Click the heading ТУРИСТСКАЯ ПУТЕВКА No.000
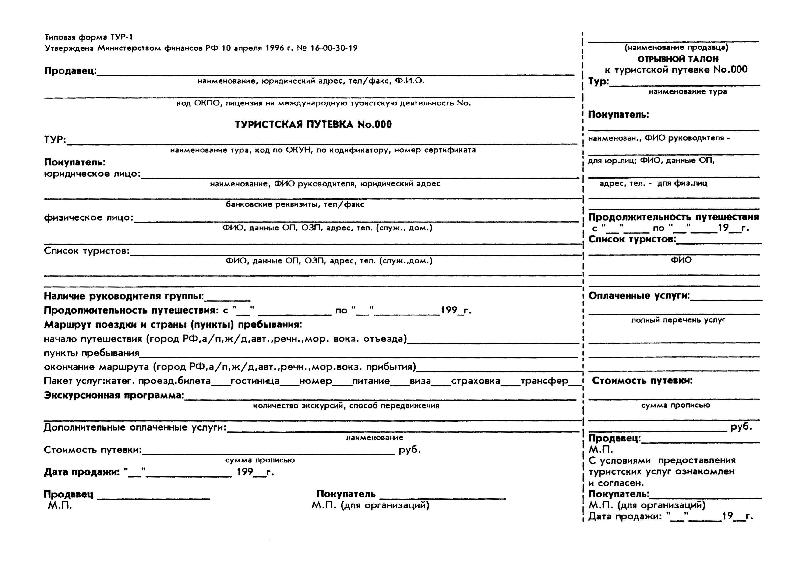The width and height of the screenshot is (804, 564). (313, 125)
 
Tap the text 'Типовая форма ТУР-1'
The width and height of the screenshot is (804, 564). (89, 37)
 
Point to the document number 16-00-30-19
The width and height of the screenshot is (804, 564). (334, 48)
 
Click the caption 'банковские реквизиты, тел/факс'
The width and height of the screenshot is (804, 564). (295, 204)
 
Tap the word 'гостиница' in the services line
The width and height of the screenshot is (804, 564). (255, 381)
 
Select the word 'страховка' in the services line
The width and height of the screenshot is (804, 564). (476, 381)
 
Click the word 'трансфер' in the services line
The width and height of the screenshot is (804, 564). (544, 381)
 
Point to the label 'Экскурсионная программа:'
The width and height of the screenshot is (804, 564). (114, 395)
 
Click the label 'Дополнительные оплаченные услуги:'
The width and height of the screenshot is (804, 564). (135, 427)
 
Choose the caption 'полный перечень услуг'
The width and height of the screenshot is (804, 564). (678, 320)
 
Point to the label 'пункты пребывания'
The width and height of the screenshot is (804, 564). (92, 353)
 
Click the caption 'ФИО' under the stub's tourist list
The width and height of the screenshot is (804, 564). (681, 260)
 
